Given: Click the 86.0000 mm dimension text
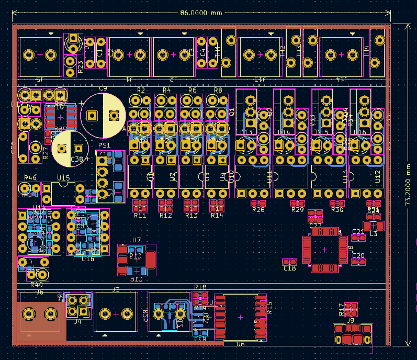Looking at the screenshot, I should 201,13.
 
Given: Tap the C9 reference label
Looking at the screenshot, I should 103,88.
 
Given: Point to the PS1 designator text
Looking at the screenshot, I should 104,145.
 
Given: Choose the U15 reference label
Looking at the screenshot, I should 63,178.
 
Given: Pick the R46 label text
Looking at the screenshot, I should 30,178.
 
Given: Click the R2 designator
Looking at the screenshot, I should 141,91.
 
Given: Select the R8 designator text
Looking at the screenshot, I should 218,91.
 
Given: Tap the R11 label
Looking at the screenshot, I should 140,215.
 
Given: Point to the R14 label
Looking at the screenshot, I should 217,215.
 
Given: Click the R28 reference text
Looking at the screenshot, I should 258,210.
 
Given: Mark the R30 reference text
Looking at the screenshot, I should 337,210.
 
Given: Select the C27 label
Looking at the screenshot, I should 315,226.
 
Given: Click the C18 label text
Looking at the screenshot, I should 290,268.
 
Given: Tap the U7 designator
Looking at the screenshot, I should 137,240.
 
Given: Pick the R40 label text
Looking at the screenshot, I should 37,285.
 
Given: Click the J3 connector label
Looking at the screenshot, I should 116,289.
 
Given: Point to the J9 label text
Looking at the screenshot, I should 351,320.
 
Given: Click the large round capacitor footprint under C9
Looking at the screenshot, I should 103,116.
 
